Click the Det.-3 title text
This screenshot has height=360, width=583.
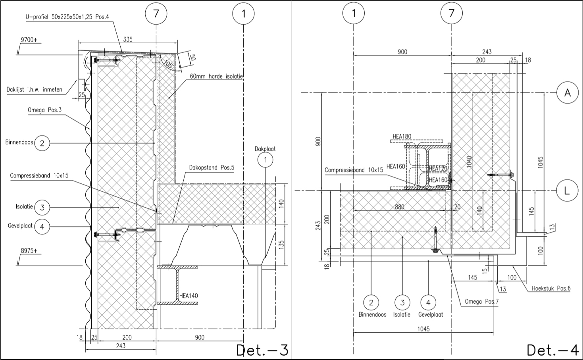click(x=262, y=350)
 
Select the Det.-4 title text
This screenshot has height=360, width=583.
click(x=553, y=350)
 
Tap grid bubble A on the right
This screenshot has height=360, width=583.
click(x=568, y=92)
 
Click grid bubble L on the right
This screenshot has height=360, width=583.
click(x=568, y=191)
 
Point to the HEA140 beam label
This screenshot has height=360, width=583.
click(x=189, y=296)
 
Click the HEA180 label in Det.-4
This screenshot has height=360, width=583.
click(x=402, y=137)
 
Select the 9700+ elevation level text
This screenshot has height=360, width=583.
click(x=29, y=40)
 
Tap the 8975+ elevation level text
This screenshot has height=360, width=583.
click(x=29, y=251)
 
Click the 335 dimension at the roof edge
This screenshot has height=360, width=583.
click(x=128, y=39)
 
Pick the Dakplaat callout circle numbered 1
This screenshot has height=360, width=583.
click(x=266, y=160)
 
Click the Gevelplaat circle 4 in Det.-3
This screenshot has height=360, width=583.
click(x=42, y=227)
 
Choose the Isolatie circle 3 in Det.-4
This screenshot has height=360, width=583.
click(x=402, y=302)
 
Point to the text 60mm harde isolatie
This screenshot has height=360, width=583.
click(x=216, y=76)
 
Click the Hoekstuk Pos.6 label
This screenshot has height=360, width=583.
click(x=551, y=288)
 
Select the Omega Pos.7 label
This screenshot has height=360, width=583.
click(x=482, y=301)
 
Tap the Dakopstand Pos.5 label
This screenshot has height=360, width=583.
click(x=212, y=167)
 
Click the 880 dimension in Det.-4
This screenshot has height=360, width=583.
click(x=400, y=207)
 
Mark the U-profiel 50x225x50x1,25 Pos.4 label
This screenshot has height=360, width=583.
click(x=67, y=17)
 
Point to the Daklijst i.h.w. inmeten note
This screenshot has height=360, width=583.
click(x=35, y=90)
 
